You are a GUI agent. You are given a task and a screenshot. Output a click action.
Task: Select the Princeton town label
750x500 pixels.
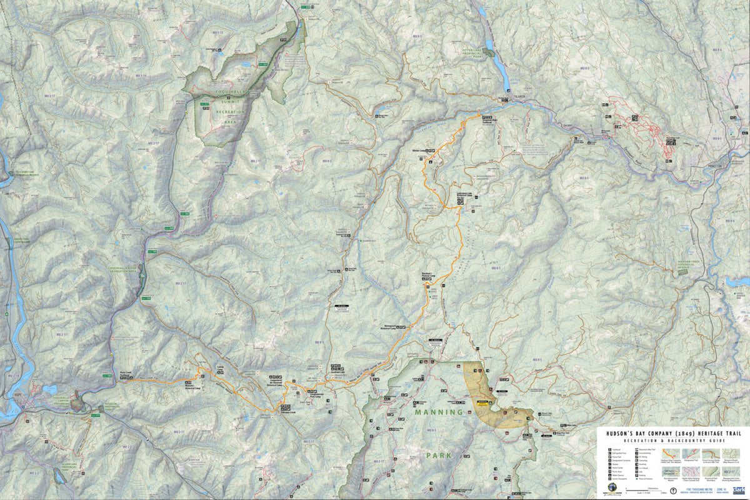[727, 166]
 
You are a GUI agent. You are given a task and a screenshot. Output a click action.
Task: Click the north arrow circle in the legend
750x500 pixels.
[672, 491]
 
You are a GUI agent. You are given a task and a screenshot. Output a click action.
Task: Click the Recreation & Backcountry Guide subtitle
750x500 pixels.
[672, 440]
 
